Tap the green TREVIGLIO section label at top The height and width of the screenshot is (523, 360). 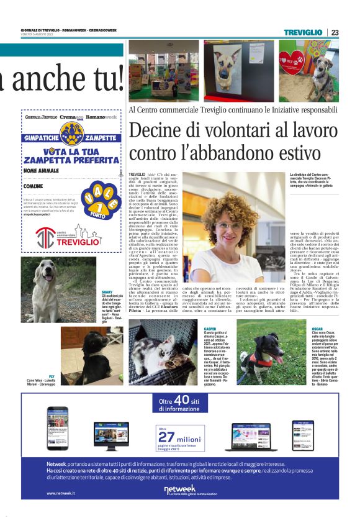tap(304, 32)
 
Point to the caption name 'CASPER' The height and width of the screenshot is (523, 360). tap(210, 329)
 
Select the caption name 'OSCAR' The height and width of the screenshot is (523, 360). tap(317, 328)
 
